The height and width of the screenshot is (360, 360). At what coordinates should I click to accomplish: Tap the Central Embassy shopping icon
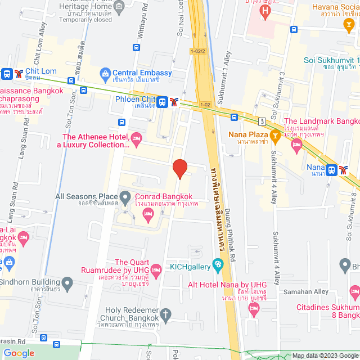click(x=105, y=73)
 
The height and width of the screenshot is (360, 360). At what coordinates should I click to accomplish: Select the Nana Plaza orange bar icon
click(x=274, y=134)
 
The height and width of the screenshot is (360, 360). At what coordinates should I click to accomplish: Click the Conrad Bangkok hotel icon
click(x=148, y=213)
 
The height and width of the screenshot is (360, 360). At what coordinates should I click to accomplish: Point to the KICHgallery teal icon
click(x=218, y=264)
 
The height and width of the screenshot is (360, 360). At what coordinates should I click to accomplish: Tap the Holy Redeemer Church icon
click(x=165, y=314)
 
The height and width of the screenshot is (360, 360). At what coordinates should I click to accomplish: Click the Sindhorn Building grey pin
click(x=67, y=282)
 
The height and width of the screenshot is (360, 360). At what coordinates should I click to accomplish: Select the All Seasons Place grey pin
click(x=125, y=197)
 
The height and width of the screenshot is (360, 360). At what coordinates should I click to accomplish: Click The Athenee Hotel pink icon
click(x=136, y=137)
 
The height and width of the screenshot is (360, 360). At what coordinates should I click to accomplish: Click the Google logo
click(x=19, y=353)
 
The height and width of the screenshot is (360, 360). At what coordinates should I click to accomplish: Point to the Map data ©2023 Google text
click(x=323, y=355)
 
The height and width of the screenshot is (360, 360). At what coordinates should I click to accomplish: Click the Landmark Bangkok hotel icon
click(x=297, y=146)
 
